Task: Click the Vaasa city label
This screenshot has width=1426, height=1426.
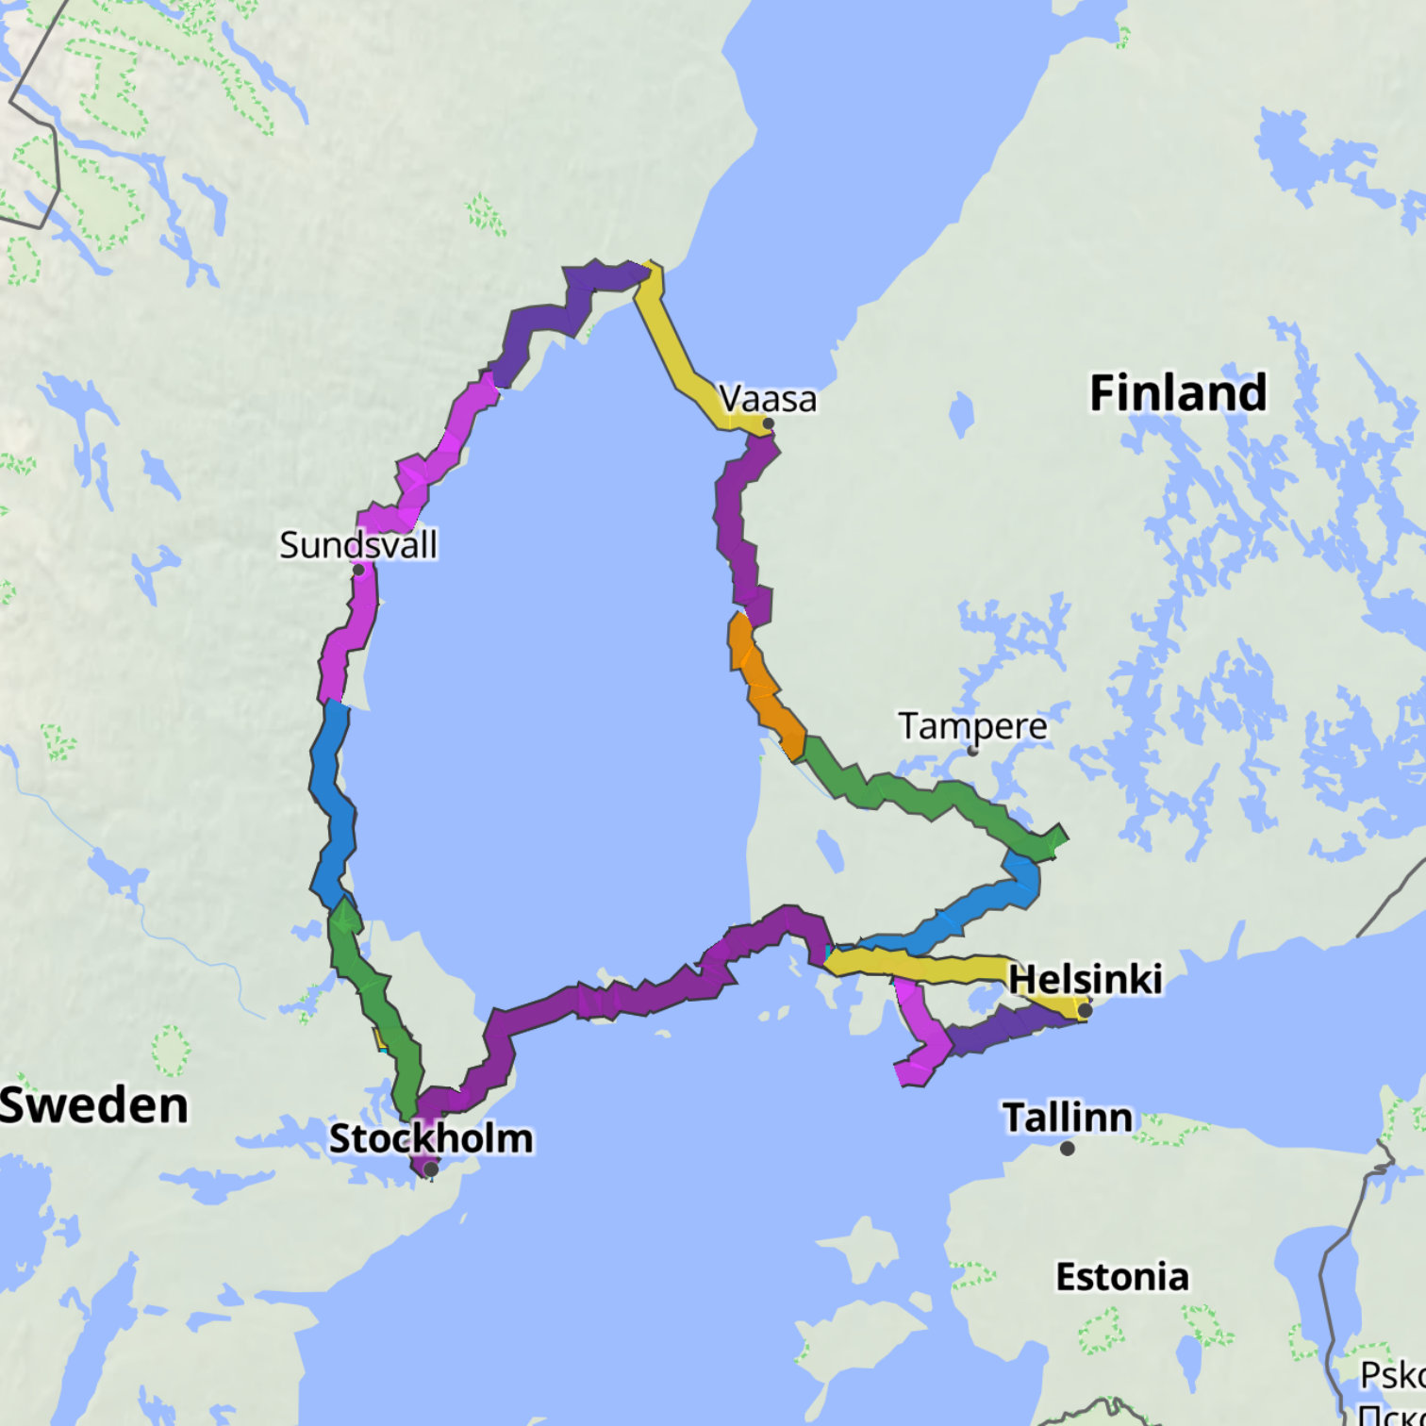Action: point(768,399)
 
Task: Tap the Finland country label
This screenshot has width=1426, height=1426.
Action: point(1178,392)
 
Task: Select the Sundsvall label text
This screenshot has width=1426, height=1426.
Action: point(358,545)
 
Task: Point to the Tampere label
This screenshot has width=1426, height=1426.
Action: point(972,726)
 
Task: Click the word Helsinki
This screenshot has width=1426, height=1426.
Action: point(1086,979)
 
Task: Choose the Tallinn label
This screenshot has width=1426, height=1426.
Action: point(1067,1118)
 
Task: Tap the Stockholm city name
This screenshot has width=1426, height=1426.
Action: point(431,1138)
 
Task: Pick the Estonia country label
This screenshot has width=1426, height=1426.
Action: point(1122,1277)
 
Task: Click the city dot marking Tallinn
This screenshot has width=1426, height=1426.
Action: point(1067,1149)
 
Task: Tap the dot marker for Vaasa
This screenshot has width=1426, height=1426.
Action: point(769,424)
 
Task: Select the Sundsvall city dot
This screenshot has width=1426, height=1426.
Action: point(358,570)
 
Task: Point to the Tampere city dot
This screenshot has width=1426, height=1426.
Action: point(972,752)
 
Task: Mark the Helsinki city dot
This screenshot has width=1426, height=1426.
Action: point(1085,1011)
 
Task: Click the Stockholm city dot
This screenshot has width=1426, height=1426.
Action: point(431,1169)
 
